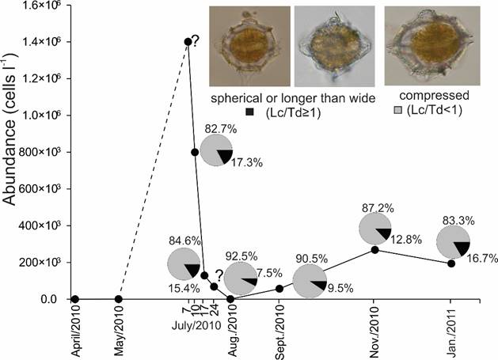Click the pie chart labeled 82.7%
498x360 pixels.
[215, 150]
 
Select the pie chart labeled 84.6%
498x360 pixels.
[183, 263]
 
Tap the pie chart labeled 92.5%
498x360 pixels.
[240, 279]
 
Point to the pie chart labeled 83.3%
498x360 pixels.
[453, 242]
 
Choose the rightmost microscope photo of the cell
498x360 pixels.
[423, 47]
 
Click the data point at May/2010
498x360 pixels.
[118, 299]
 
